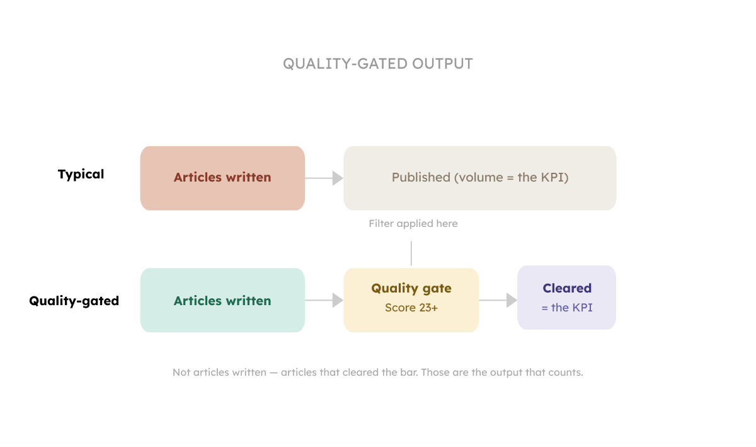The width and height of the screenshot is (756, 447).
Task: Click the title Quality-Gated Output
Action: (x=377, y=64)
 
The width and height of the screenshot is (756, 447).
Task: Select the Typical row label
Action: (x=81, y=174)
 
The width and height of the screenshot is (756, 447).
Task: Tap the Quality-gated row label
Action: (x=74, y=301)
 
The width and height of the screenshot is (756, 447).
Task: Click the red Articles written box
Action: (x=222, y=178)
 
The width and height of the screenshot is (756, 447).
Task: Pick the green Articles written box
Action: (x=222, y=301)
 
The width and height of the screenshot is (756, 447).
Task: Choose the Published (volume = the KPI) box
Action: (x=479, y=178)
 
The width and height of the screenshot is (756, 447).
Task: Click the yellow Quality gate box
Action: (x=411, y=299)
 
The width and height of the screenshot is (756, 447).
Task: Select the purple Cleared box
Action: (x=566, y=297)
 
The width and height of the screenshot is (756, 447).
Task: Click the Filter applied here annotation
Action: (x=413, y=224)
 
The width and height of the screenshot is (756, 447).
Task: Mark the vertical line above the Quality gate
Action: (x=411, y=253)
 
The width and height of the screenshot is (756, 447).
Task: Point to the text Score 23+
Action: (x=411, y=308)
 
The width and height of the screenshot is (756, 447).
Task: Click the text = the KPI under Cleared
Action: (x=567, y=308)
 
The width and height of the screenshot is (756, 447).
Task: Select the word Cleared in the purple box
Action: (x=567, y=288)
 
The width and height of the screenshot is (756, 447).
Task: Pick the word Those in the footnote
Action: (x=435, y=373)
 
